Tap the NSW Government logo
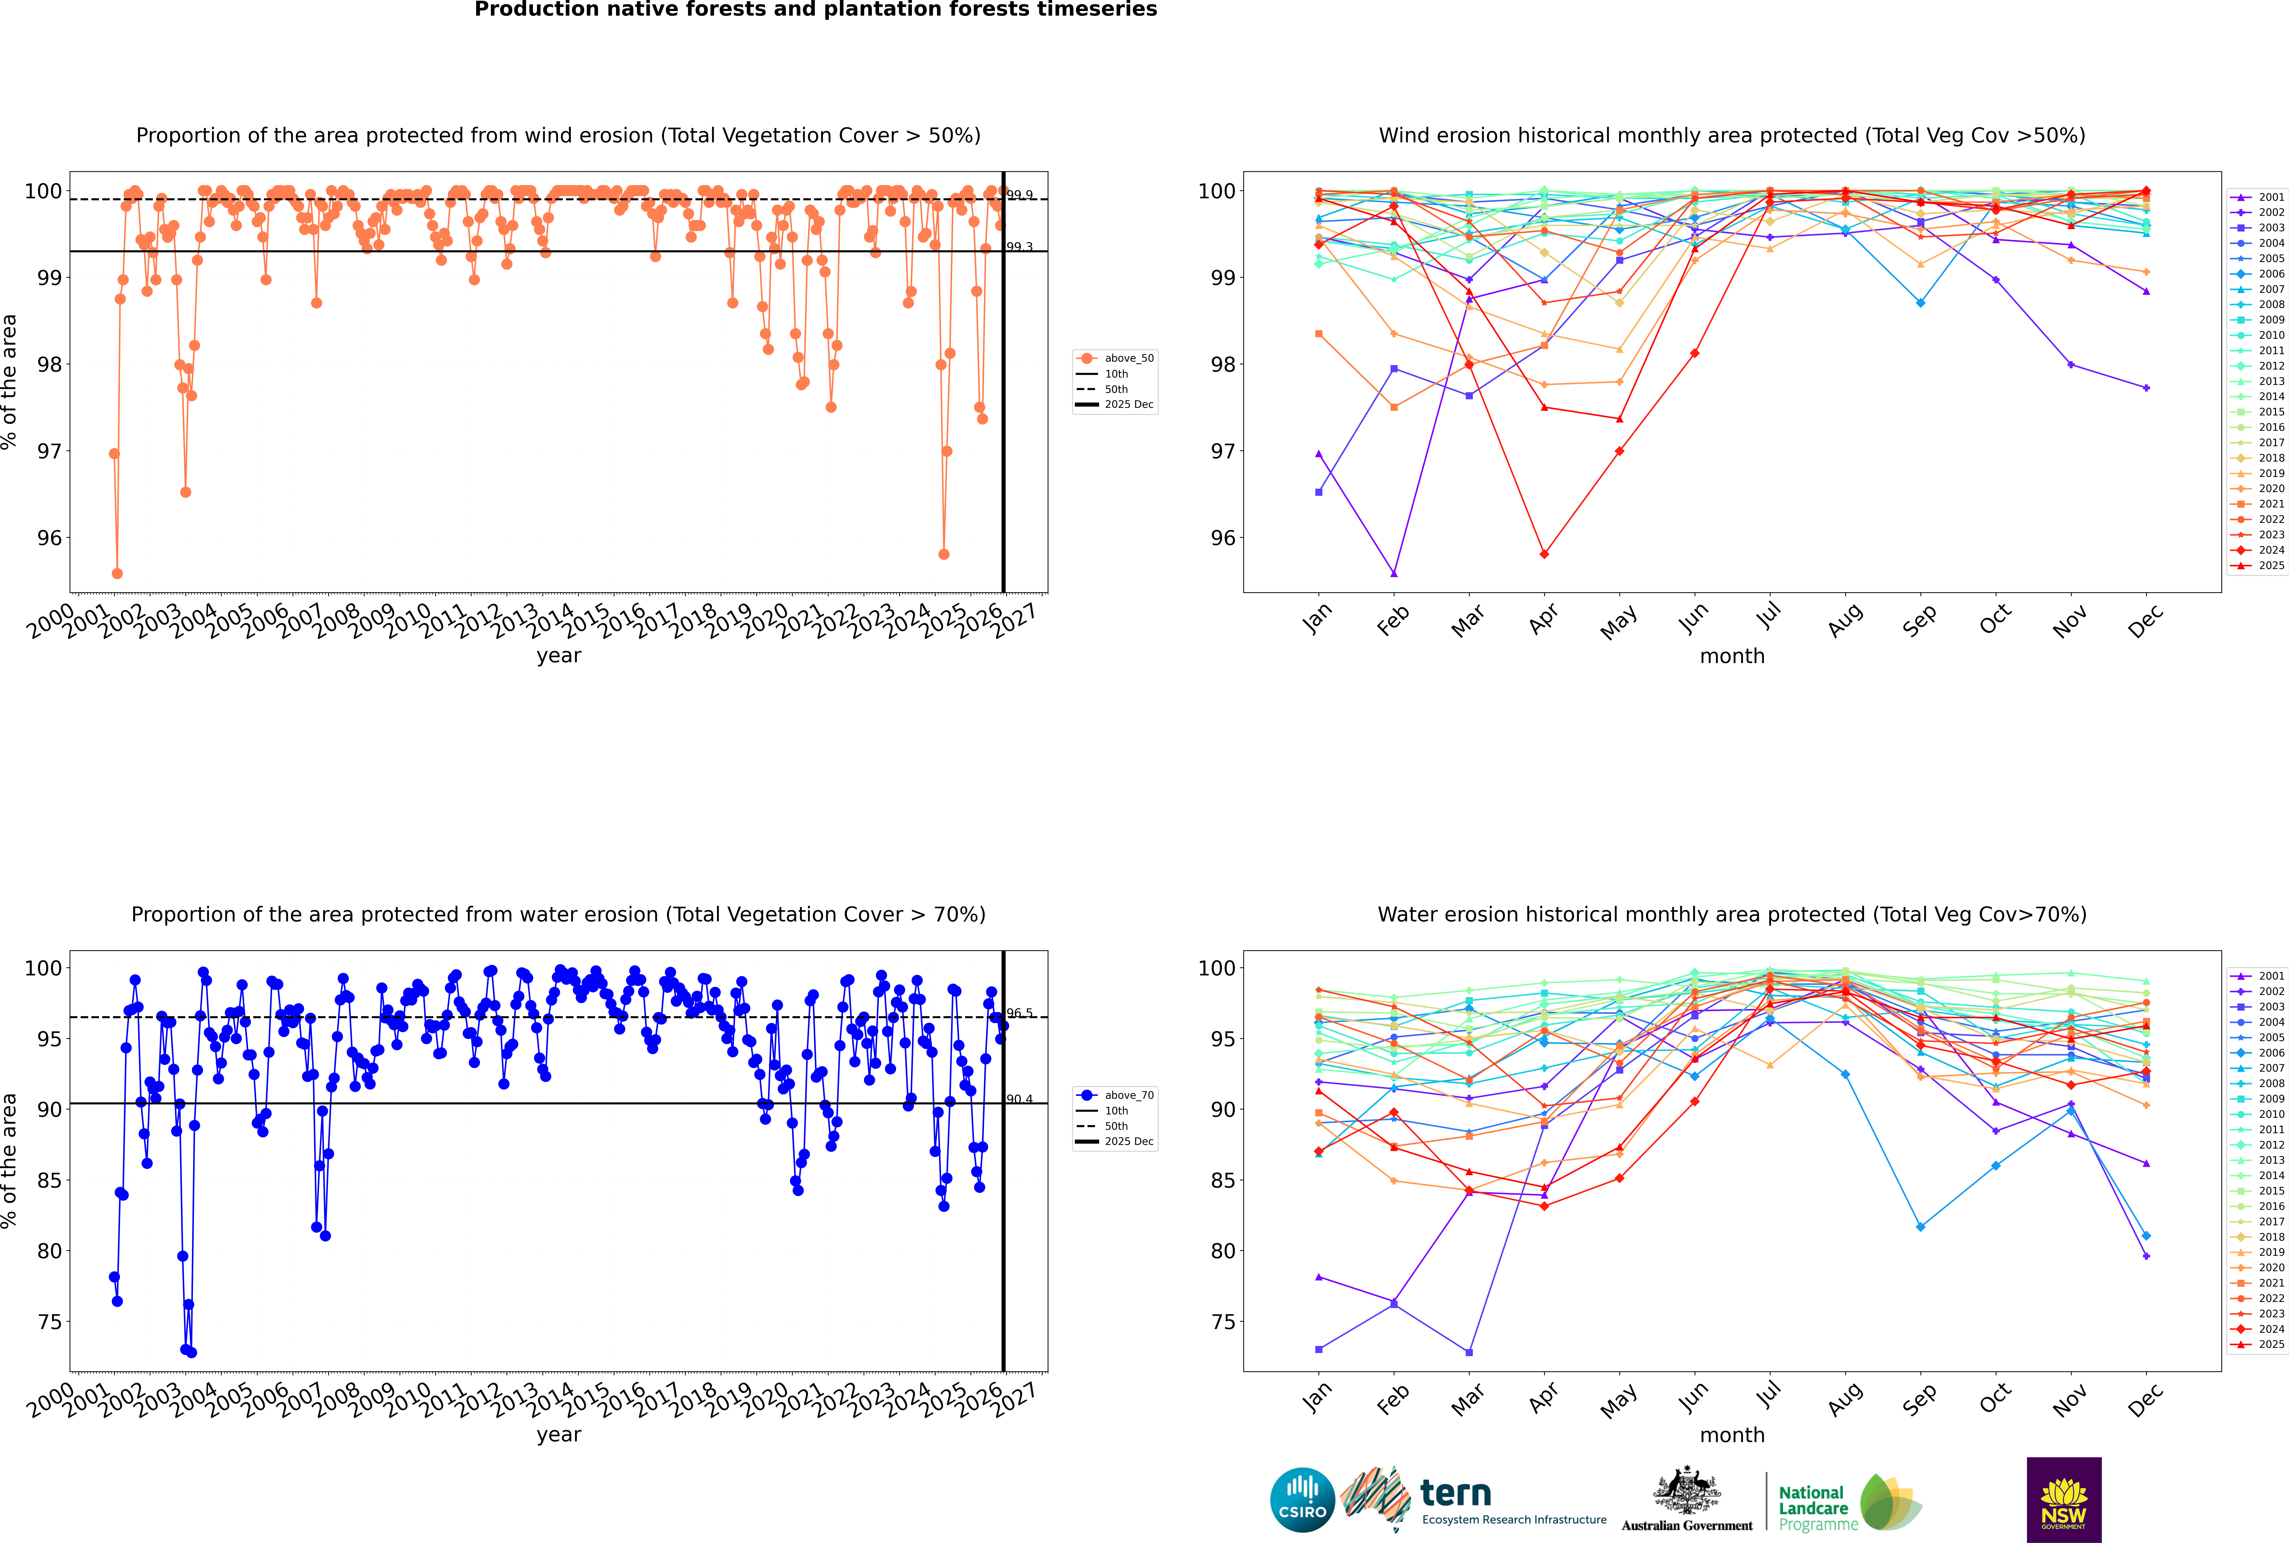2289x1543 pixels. pos(2064,1499)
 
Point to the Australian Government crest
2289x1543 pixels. pos(1687,1491)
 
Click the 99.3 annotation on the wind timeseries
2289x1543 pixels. pos(1020,247)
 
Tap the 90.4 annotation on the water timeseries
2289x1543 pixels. pos(1020,1099)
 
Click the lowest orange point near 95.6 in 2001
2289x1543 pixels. pos(117,573)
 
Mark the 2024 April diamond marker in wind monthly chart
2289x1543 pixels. pos(1544,554)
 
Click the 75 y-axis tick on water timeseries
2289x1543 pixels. pos(49,1321)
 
